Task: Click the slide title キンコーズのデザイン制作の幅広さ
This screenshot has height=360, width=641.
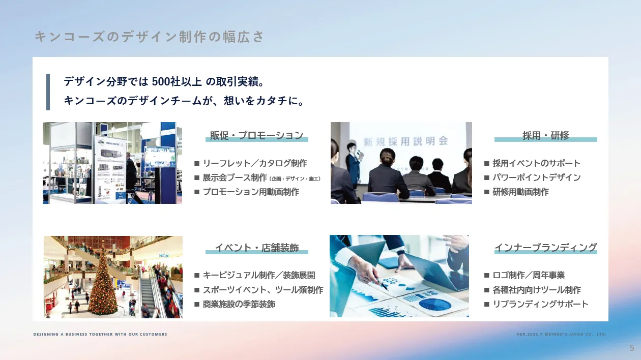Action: click(150, 37)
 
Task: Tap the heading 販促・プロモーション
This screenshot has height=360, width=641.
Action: click(256, 135)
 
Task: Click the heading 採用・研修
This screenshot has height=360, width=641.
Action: click(545, 135)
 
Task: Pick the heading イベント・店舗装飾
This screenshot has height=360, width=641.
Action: click(256, 248)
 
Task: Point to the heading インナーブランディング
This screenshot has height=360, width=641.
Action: click(545, 248)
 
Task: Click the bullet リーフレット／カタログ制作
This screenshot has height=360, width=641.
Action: click(254, 163)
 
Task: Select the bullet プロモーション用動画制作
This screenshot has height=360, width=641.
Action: click(250, 192)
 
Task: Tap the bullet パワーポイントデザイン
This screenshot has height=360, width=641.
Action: click(536, 177)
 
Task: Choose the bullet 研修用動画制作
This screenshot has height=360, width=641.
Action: click(520, 192)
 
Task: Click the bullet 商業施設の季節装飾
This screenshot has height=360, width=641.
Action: click(239, 304)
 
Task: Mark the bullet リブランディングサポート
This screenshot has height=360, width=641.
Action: click(540, 304)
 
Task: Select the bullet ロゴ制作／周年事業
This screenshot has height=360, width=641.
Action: click(529, 275)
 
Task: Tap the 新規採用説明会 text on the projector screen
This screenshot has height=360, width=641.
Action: click(405, 140)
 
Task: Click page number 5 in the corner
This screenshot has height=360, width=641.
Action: click(632, 348)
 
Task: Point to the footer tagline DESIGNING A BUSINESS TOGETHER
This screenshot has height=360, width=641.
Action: click(100, 334)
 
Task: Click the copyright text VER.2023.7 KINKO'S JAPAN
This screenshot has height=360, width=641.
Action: click(562, 334)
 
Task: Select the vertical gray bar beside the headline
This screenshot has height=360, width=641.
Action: click(48, 92)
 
